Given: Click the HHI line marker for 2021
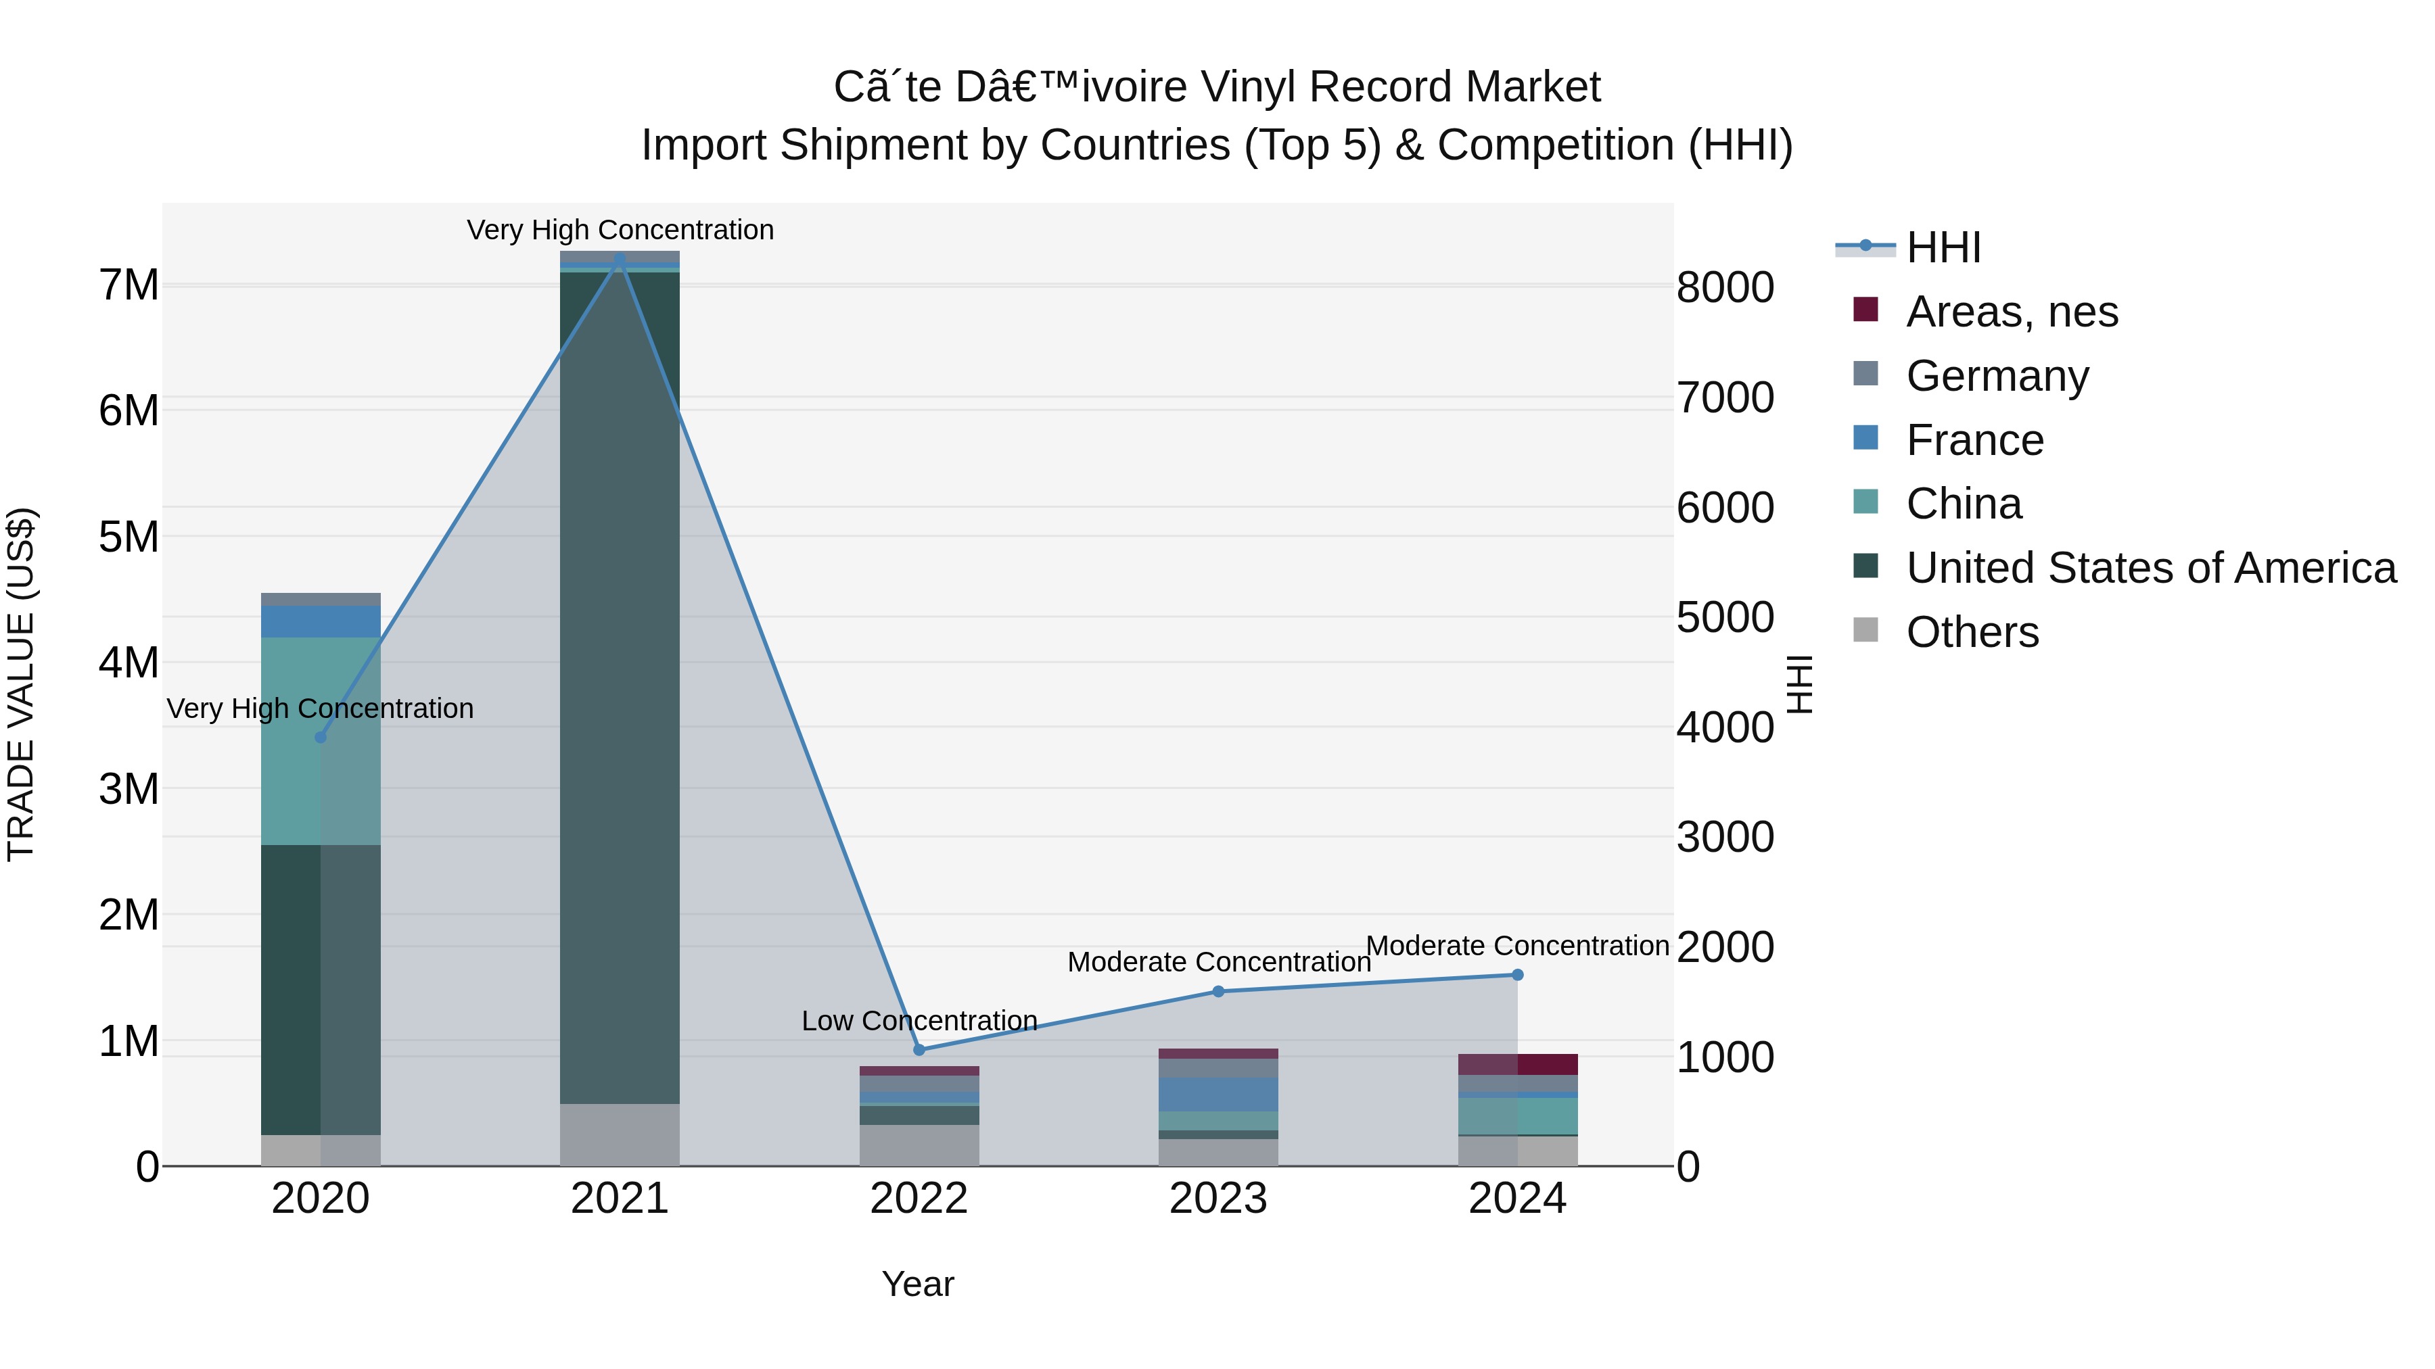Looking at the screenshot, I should pos(619,258).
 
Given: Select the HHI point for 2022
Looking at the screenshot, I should pos(919,1050).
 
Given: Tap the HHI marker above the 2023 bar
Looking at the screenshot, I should pos(1217,991).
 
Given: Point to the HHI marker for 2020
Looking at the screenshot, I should pos(321,737).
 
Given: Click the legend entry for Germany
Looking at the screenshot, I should pos(1997,375).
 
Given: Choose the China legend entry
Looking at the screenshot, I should pos(1964,504).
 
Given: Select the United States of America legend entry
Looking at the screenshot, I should pos(2150,568).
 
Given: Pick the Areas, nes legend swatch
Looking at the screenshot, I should pos(1865,310).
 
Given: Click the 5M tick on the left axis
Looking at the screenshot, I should pos(129,537).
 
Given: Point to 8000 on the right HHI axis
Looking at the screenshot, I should pos(1725,287).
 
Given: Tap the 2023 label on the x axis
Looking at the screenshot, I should pos(1217,1199).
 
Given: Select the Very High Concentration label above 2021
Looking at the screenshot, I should pos(620,230).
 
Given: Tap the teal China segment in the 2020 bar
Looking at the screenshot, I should pos(321,742).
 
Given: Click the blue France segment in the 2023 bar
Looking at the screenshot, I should pos(1217,1094).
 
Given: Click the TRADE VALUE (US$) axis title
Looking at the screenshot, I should pos(21,684).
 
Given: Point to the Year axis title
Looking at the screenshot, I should pos(918,1284).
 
